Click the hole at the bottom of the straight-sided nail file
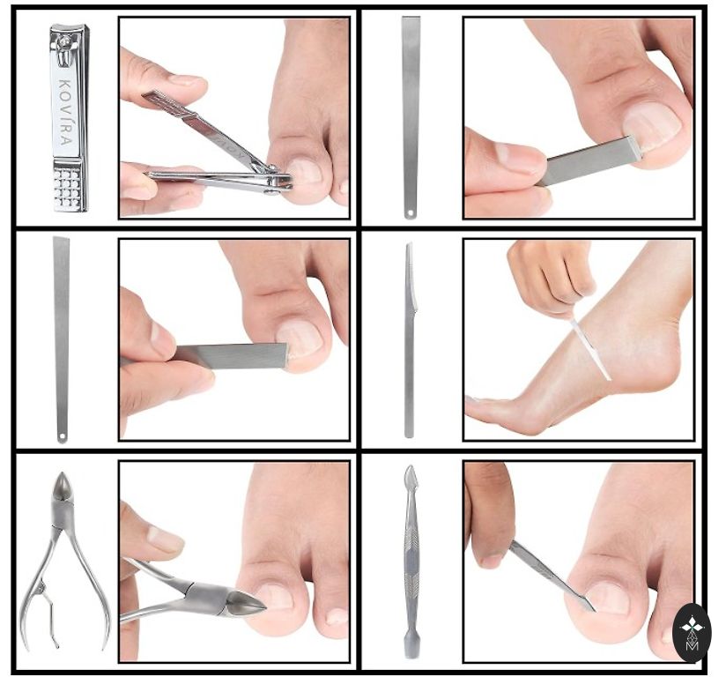pos(410,213)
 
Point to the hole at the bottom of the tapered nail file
pos(62,436)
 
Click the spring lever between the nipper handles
pos(48,613)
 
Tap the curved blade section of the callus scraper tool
pos(411,277)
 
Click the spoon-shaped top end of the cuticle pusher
pos(411,478)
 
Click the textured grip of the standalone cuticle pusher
pos(411,561)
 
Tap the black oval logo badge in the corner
pos(691,633)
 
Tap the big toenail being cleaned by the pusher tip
pos(606,599)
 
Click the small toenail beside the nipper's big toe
pos(337,617)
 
